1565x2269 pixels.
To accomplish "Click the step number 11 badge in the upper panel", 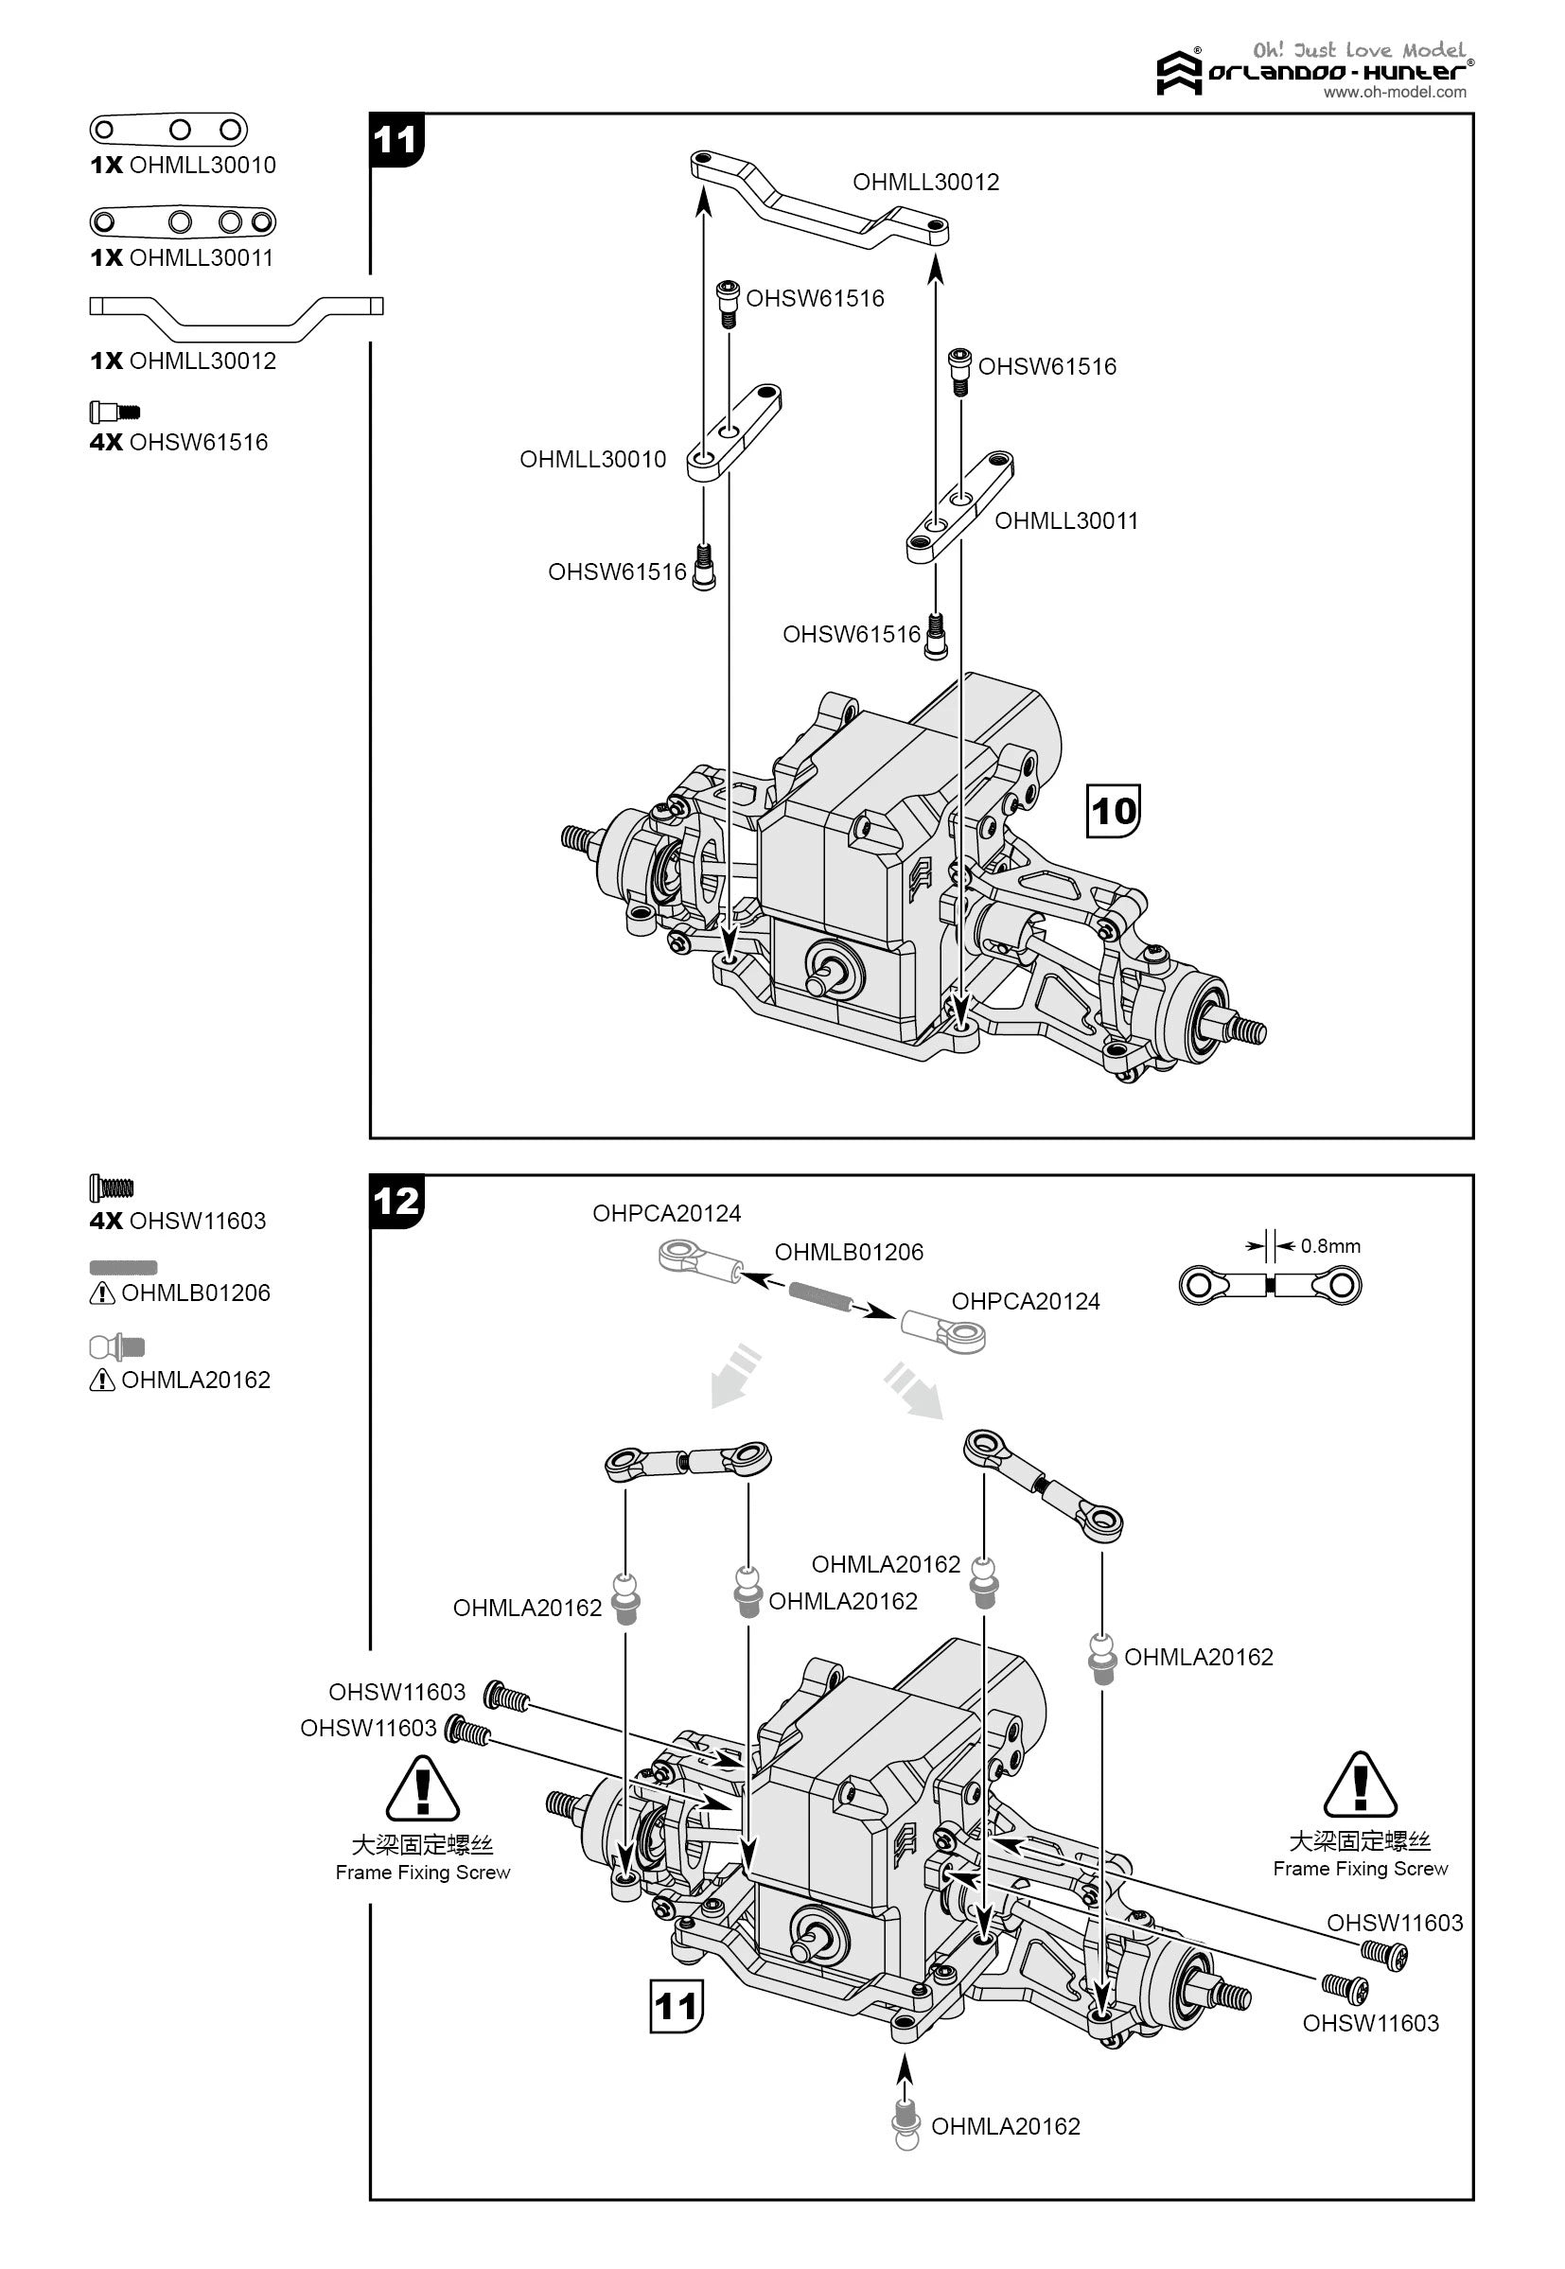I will point(396,140).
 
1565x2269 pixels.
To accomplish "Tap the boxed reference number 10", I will point(1113,811).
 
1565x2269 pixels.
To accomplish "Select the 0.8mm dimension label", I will point(1329,1246).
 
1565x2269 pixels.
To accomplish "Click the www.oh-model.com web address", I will point(1395,92).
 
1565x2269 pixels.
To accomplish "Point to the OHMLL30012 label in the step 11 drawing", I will point(925,182).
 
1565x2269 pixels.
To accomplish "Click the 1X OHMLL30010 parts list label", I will point(184,165).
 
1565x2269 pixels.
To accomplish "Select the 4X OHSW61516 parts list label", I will point(179,442).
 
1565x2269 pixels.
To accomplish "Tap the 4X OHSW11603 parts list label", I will point(178,1221).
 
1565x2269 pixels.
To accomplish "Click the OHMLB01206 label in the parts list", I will point(195,1293).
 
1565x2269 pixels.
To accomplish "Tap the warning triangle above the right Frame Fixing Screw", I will point(1359,1785).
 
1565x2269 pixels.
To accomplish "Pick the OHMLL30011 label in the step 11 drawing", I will point(1066,520).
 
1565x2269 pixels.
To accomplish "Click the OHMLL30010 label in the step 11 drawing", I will point(592,459).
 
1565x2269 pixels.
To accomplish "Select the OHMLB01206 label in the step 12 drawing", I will point(848,1252).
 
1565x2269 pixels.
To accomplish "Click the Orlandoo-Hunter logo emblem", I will point(1178,74).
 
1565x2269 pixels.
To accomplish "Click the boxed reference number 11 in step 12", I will point(676,2006).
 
